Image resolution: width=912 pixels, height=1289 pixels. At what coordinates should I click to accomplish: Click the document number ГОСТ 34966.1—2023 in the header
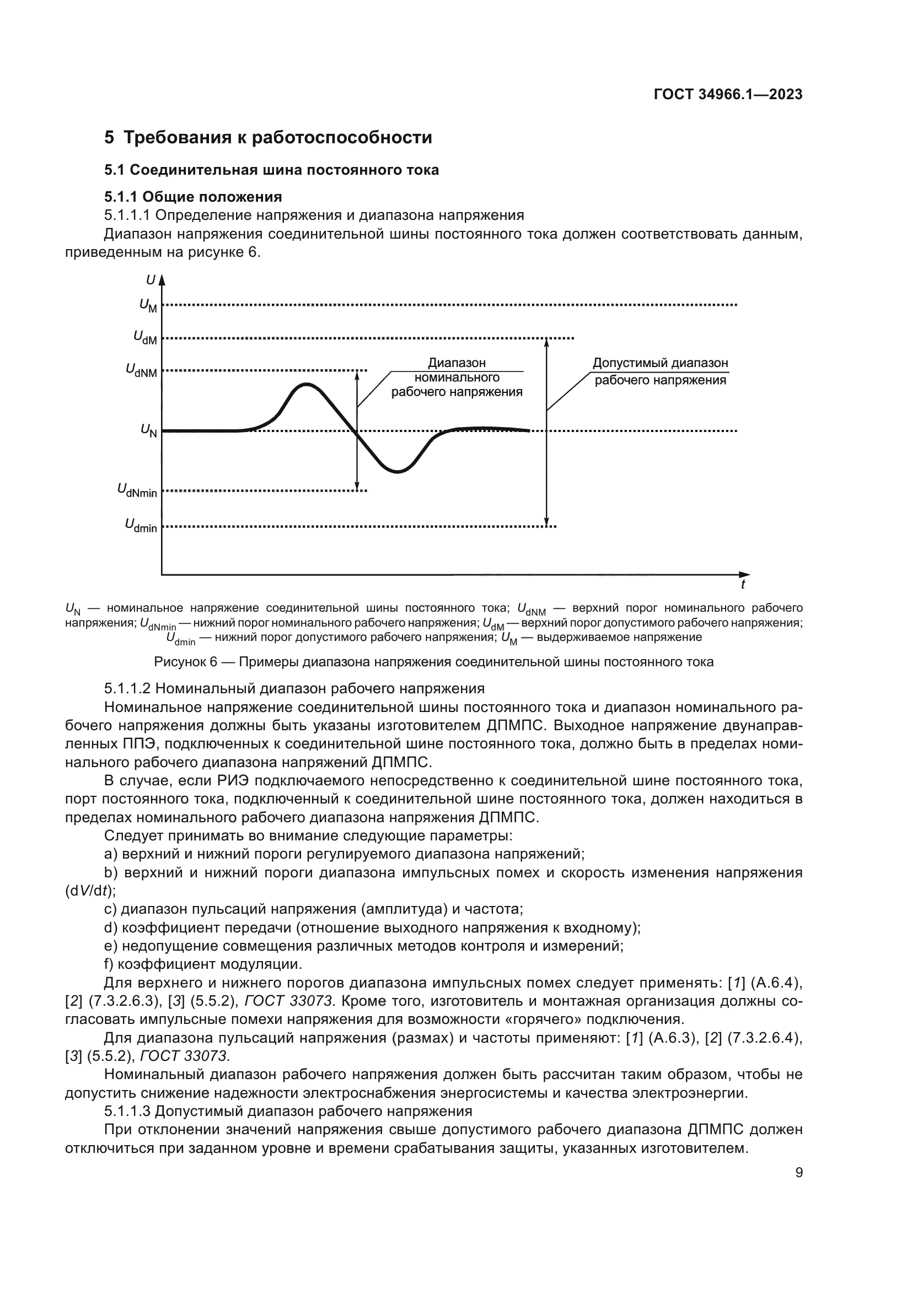[728, 94]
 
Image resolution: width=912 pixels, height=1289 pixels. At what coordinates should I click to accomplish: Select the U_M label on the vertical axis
[148, 305]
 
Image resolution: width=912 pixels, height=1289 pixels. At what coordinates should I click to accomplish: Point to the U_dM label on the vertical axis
[145, 337]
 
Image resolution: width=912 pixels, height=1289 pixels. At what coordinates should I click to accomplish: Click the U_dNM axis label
[141, 370]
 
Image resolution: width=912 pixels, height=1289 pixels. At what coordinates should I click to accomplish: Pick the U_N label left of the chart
[148, 430]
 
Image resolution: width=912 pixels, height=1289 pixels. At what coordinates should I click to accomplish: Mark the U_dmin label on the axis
[141, 526]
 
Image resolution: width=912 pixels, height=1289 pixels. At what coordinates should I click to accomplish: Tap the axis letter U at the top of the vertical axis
[151, 279]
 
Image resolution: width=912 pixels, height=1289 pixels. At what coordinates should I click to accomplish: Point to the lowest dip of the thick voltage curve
[397, 472]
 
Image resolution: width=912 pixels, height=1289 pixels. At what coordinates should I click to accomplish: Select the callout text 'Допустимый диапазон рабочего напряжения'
[661, 371]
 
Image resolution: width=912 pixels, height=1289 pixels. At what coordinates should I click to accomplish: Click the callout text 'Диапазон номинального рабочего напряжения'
[457, 377]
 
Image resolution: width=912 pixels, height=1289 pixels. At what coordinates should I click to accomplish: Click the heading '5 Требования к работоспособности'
[268, 138]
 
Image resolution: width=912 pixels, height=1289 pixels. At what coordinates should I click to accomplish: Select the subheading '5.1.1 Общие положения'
[192, 197]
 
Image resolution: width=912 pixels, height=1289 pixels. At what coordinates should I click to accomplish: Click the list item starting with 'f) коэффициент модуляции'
[203, 964]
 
